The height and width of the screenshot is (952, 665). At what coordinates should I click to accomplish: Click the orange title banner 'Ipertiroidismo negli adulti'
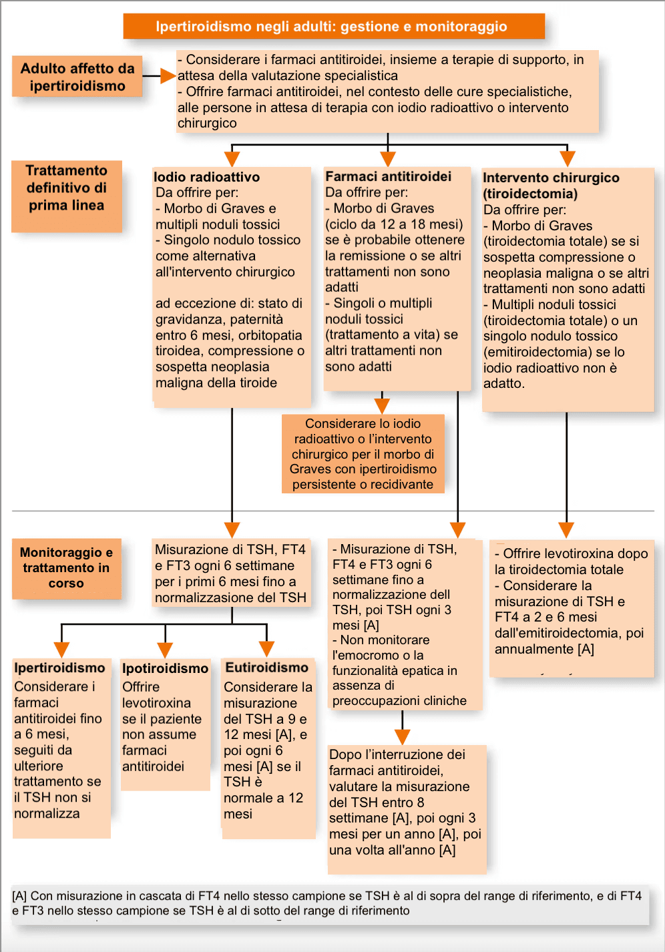pyautogui.click(x=333, y=27)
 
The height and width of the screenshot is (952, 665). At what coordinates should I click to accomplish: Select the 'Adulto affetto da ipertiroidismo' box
pyautogui.click(x=77, y=77)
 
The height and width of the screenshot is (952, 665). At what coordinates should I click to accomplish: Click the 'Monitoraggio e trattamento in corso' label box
pyautogui.click(x=67, y=568)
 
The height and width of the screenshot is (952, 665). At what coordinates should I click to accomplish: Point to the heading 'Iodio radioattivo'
pyautogui.click(x=207, y=177)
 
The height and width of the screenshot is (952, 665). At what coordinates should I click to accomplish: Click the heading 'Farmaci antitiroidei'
pyautogui.click(x=388, y=176)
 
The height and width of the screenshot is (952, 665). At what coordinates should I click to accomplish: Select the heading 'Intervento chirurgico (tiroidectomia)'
pyautogui.click(x=551, y=186)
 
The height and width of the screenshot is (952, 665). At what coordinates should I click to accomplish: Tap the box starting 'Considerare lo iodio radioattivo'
pyautogui.click(x=363, y=454)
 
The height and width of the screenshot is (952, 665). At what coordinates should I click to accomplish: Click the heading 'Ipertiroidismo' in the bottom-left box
pyautogui.click(x=60, y=668)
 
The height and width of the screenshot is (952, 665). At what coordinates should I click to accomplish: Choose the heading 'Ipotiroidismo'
pyautogui.click(x=165, y=668)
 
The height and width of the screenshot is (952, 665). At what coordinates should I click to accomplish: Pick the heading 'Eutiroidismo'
pyautogui.click(x=266, y=668)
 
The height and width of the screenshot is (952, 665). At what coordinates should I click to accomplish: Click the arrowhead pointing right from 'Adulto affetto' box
pyautogui.click(x=168, y=76)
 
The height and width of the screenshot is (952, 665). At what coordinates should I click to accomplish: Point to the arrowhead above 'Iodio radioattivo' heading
pyautogui.click(x=232, y=159)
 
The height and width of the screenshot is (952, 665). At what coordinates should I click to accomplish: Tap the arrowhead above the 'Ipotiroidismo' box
pyautogui.click(x=165, y=650)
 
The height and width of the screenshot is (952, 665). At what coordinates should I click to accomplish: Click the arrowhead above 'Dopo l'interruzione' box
pyautogui.click(x=402, y=736)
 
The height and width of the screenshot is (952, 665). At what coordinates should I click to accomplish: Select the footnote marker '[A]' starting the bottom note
pyautogui.click(x=19, y=896)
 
